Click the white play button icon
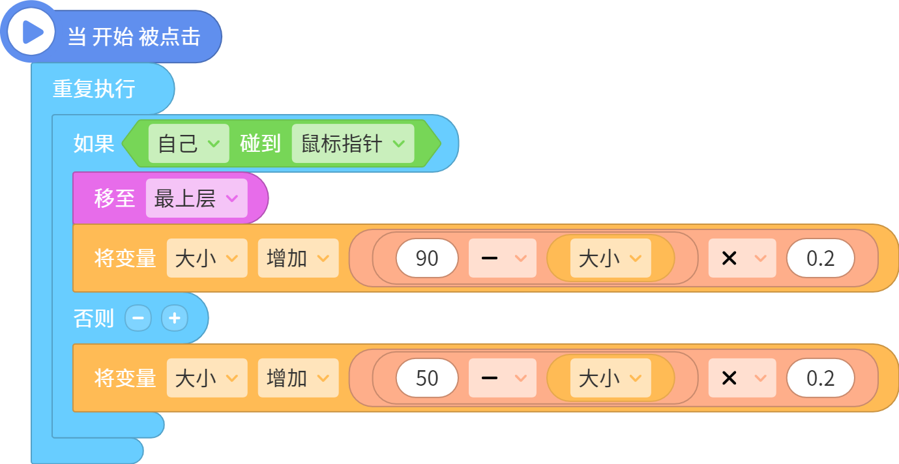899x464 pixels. tap(31, 32)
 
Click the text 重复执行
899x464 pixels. tap(94, 89)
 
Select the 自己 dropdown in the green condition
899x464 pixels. tap(188, 143)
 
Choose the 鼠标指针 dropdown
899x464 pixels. tap(353, 143)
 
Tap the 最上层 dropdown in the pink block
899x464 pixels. tap(197, 198)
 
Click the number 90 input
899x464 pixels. tap(427, 258)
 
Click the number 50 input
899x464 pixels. tap(427, 378)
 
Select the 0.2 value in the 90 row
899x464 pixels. tap(820, 258)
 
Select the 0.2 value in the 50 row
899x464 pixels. tap(820, 378)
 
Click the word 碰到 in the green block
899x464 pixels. tap(260, 143)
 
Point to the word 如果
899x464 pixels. tap(94, 143)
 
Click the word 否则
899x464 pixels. tap(94, 319)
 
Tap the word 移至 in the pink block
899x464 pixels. tap(114, 198)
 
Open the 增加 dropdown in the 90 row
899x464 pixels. tap(298, 258)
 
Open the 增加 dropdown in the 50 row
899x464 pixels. tap(298, 378)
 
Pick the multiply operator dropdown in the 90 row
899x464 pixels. tap(742, 258)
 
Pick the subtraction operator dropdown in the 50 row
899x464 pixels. tap(503, 378)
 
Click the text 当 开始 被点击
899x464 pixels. tap(134, 37)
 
